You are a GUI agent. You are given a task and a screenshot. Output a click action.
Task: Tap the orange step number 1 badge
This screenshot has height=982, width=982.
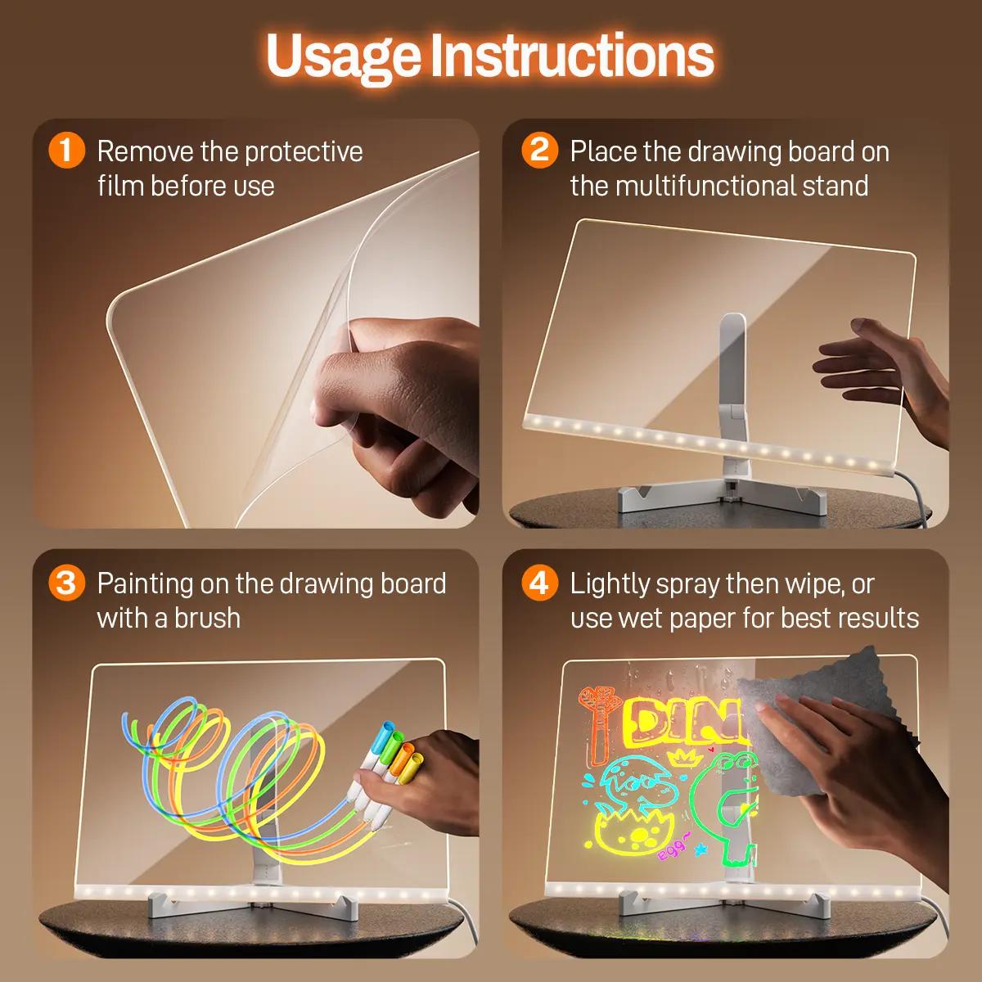tap(66, 151)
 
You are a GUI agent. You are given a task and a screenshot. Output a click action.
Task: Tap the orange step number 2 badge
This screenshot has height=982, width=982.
tap(539, 151)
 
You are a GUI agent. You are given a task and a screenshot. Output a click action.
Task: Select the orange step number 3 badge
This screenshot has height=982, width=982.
tap(66, 583)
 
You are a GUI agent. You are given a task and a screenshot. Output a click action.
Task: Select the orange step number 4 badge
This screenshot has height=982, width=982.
tap(539, 583)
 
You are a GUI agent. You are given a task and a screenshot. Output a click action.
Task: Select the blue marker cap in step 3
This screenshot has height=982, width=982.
tap(381, 735)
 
